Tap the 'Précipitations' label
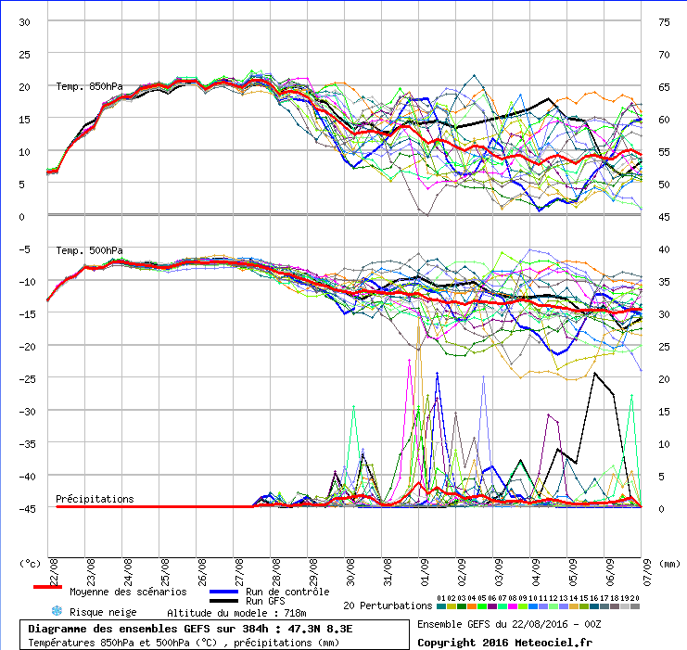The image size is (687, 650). (95, 499)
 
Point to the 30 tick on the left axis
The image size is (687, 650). (24, 22)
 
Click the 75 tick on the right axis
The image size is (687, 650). (665, 22)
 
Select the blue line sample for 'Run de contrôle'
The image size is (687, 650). (223, 591)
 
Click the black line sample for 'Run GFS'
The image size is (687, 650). (223, 601)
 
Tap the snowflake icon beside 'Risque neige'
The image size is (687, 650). (57, 611)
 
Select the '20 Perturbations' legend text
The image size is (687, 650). (388, 605)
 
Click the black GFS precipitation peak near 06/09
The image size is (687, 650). (595, 373)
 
